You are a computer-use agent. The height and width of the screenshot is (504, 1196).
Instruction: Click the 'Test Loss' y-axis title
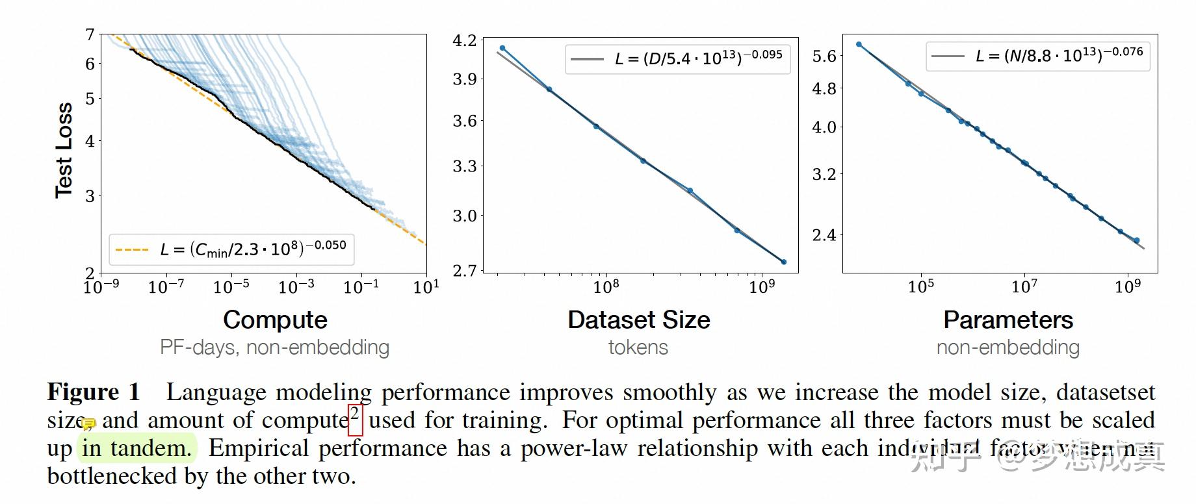(x=63, y=150)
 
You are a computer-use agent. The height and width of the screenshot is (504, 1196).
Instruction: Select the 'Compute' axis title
(x=275, y=320)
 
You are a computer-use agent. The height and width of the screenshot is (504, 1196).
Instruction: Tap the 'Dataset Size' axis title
(x=638, y=320)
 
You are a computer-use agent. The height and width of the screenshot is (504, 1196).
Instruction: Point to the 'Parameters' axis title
(x=1007, y=320)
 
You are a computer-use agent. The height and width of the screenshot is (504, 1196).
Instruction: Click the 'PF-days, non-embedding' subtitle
(x=274, y=347)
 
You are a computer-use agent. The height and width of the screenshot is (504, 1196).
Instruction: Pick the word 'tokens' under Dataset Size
(x=638, y=347)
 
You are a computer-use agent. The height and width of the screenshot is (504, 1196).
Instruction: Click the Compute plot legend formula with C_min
(x=253, y=249)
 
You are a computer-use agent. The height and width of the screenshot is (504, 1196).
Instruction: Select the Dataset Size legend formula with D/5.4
(x=698, y=58)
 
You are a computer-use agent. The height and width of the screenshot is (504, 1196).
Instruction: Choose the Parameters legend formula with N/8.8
(x=1059, y=55)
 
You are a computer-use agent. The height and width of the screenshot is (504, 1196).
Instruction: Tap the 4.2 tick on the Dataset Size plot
(x=464, y=40)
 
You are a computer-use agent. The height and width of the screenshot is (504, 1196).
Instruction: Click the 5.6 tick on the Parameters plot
(x=824, y=57)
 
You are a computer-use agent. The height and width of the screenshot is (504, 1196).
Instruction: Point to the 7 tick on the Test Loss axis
(x=90, y=34)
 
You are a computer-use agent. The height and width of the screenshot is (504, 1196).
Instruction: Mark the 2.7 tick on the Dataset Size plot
(x=464, y=270)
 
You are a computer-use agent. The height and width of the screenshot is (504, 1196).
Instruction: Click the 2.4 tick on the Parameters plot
(x=824, y=234)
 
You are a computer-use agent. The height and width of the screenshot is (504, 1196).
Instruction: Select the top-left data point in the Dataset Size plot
(x=502, y=48)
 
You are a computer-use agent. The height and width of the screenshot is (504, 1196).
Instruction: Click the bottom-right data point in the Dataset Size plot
(x=784, y=262)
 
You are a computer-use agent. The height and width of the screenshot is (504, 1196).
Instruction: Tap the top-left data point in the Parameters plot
(x=859, y=45)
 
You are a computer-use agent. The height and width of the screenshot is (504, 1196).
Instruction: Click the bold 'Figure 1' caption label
(x=94, y=392)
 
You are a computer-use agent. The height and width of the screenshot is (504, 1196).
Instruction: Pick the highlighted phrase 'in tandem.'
(x=136, y=448)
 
